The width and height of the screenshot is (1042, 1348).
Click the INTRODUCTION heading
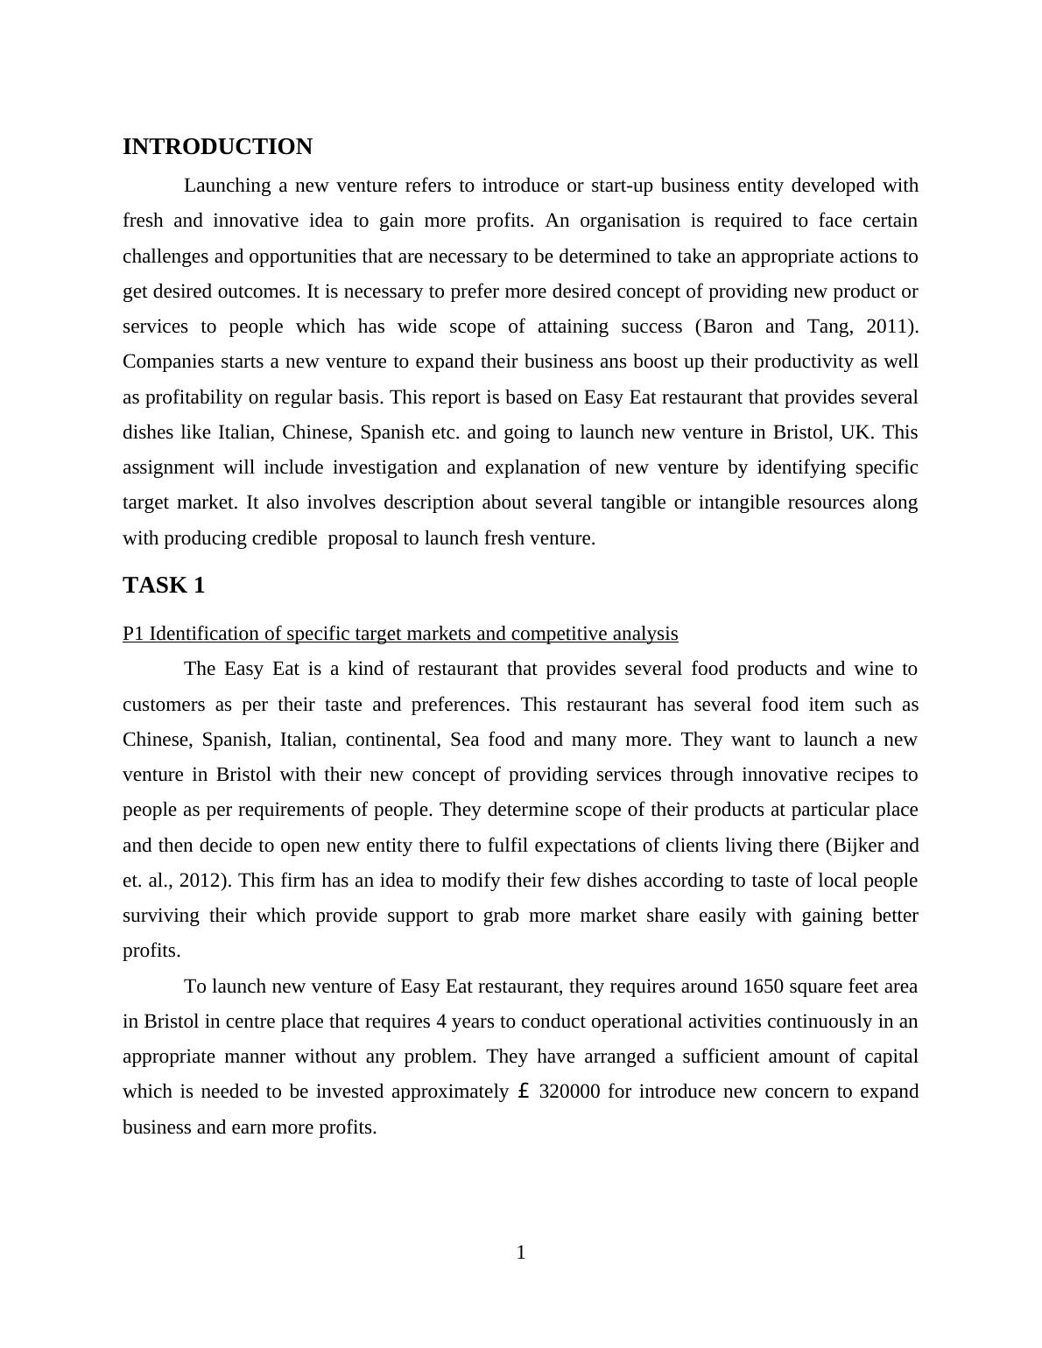point(217,147)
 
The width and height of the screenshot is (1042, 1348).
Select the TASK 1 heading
point(164,586)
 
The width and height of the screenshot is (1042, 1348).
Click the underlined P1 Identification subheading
point(400,634)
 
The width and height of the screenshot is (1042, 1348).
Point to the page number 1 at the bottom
point(521,1253)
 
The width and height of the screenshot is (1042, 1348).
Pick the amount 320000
point(569,1092)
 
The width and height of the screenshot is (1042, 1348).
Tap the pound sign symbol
point(524,1092)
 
